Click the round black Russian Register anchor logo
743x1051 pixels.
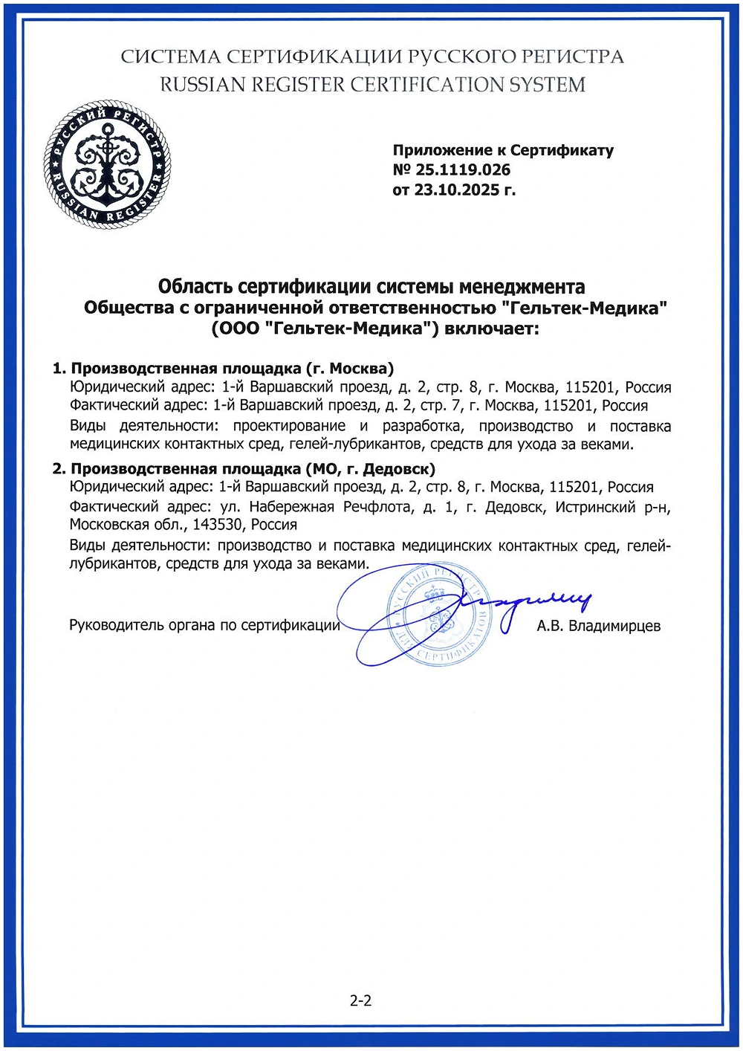(x=107, y=164)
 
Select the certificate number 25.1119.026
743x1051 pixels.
(x=462, y=170)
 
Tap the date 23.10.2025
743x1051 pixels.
(x=456, y=190)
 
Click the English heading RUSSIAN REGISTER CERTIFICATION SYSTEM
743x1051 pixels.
(x=372, y=85)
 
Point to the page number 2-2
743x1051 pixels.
(x=361, y=1000)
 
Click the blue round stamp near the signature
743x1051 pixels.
(x=438, y=614)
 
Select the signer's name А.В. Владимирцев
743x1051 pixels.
(x=598, y=626)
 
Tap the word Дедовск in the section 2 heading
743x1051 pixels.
(x=395, y=469)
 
